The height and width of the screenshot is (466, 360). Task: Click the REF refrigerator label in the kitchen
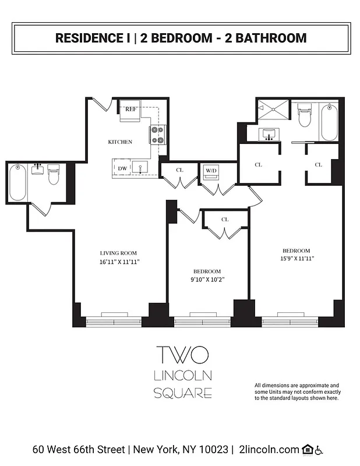(x=131, y=108)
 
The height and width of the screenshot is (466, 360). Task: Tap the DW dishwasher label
(x=122, y=168)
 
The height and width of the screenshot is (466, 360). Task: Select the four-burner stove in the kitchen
(x=157, y=135)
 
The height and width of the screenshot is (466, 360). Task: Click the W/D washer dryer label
(x=210, y=171)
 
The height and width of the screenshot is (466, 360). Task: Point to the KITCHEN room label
(x=120, y=142)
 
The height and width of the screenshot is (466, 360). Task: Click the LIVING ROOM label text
(x=118, y=253)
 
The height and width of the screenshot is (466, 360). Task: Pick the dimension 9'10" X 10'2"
(x=207, y=280)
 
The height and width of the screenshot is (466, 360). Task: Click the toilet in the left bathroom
(x=54, y=174)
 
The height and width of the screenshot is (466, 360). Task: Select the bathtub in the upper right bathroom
(x=329, y=122)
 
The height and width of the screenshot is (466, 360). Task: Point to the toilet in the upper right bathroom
(x=303, y=115)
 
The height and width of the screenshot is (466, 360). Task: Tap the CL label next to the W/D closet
(x=179, y=170)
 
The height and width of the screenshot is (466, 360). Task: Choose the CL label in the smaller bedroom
(x=225, y=219)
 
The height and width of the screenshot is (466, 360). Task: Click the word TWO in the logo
(x=182, y=354)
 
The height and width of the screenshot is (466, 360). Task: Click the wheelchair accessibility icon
(x=319, y=450)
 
